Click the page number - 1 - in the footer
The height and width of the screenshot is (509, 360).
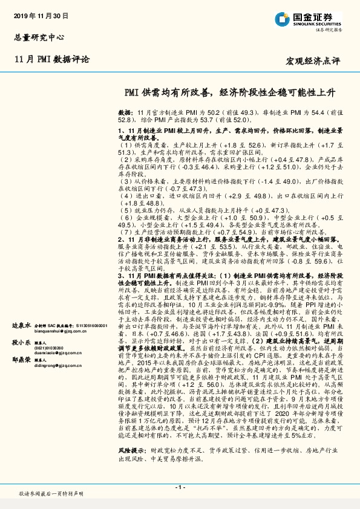pos(179,486)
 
